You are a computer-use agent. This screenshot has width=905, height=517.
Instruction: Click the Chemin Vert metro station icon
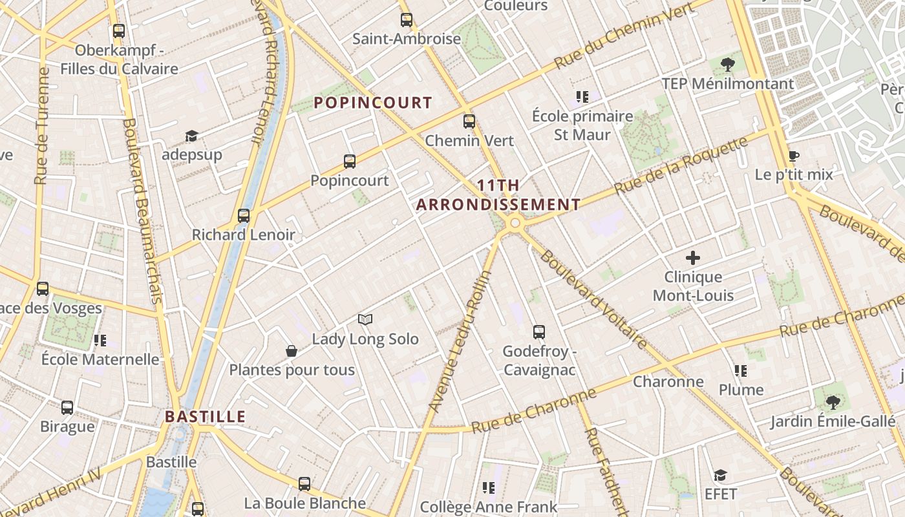[469, 121]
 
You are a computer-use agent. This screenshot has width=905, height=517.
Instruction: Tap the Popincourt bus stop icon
[350, 161]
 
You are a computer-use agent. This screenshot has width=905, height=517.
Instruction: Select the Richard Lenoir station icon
[244, 215]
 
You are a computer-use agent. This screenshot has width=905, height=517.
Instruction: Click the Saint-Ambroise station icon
[406, 19]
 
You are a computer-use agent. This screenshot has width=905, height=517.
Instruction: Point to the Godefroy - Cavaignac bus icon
[539, 332]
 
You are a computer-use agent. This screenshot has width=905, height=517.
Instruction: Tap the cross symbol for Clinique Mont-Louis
[693, 258]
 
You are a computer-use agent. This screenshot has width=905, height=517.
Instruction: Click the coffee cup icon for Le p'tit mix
[794, 156]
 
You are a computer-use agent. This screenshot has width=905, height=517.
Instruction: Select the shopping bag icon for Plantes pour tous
[292, 351]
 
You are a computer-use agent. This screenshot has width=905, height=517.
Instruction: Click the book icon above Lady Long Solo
[365, 319]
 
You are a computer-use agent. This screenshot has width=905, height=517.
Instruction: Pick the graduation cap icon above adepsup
[191, 136]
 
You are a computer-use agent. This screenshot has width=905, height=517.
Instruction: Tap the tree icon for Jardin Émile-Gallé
[833, 402]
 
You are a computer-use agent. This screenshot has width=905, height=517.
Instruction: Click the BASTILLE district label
[205, 416]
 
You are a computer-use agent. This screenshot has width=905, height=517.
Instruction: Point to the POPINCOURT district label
[373, 102]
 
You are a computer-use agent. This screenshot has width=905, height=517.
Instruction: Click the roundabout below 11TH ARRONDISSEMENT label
[515, 224]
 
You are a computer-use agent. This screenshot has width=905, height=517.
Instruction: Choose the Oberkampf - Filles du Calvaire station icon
[119, 30]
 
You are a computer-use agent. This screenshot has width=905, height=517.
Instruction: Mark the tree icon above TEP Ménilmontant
[728, 64]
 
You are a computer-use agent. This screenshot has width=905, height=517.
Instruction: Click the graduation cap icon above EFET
[720, 476]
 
